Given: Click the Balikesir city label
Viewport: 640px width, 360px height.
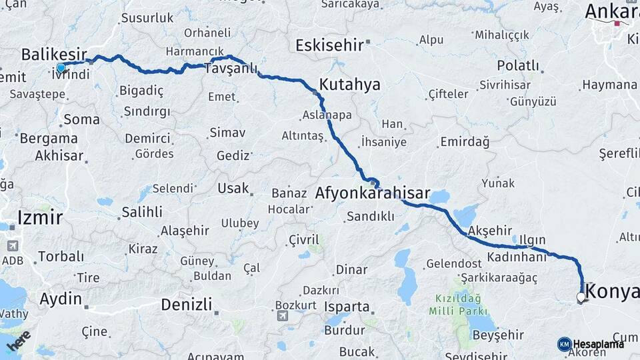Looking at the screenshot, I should pyautogui.click(x=54, y=53).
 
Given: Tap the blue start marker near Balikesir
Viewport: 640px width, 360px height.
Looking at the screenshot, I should pyautogui.click(x=61, y=67).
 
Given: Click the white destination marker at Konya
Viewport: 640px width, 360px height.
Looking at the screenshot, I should pyautogui.click(x=581, y=297).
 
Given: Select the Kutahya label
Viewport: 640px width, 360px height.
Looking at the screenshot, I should pyautogui.click(x=350, y=85).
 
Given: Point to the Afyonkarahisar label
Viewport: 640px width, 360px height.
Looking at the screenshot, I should pyautogui.click(x=372, y=193).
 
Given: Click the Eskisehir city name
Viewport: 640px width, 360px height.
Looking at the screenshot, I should pyautogui.click(x=329, y=45).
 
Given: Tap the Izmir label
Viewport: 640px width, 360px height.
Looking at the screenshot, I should pyautogui.click(x=40, y=217).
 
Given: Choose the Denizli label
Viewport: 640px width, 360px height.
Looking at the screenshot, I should pyautogui.click(x=187, y=305).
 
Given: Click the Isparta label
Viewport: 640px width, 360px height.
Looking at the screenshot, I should pyautogui.click(x=346, y=307).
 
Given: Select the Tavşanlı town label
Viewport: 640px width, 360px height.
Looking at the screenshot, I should pyautogui.click(x=231, y=69).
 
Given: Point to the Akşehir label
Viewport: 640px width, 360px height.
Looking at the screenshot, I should pyautogui.click(x=489, y=231).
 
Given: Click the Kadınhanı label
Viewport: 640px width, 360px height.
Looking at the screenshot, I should pyautogui.click(x=517, y=257).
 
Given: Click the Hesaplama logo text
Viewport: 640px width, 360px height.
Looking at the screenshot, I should pyautogui.click(x=598, y=344).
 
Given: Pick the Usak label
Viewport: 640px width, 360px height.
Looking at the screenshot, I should pyautogui.click(x=233, y=189).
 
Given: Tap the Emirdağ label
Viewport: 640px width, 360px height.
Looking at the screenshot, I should pyautogui.click(x=465, y=142).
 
